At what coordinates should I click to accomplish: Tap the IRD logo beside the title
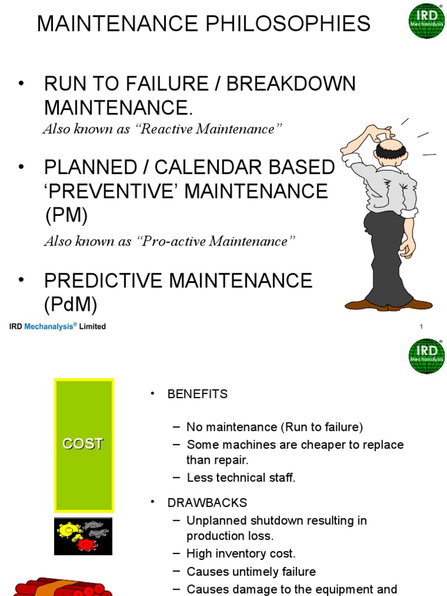(426, 20)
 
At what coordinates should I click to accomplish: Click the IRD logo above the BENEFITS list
(426, 356)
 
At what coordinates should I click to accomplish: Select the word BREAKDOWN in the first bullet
(290, 84)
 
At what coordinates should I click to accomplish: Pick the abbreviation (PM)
(66, 215)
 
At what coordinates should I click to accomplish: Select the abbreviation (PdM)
(70, 304)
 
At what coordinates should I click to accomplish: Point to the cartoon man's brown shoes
(389, 304)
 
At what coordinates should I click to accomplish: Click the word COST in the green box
(83, 444)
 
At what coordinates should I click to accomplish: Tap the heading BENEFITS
(197, 394)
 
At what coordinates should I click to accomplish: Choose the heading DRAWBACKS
(207, 502)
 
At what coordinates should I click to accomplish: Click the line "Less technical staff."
(241, 478)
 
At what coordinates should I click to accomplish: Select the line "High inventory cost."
(241, 554)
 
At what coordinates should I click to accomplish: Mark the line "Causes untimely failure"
(251, 572)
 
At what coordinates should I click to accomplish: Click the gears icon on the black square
(83, 536)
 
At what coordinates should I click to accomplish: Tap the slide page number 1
(421, 327)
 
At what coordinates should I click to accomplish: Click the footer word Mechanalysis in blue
(50, 327)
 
